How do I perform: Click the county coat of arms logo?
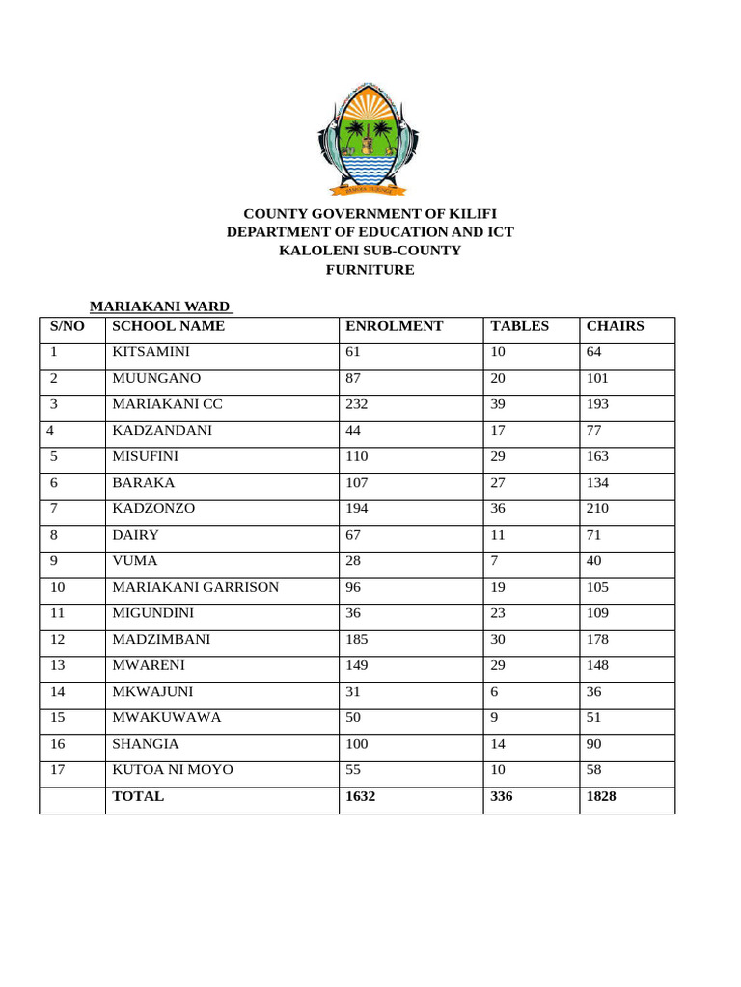tap(370, 139)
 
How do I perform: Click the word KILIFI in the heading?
tap(473, 213)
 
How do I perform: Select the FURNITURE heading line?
tap(370, 270)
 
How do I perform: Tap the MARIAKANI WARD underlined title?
tap(160, 307)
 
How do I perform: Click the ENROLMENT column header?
tap(394, 326)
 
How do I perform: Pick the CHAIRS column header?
tap(615, 326)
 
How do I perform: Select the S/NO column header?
tap(68, 326)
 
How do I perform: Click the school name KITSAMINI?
tap(151, 352)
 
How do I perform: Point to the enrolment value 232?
tap(357, 404)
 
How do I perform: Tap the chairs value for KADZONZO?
tap(599, 508)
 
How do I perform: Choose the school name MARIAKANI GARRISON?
tap(196, 587)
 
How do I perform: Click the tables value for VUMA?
tap(495, 560)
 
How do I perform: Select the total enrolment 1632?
tap(361, 796)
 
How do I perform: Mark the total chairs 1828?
tap(601, 796)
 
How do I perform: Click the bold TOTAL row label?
tap(138, 796)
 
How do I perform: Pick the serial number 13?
tap(58, 665)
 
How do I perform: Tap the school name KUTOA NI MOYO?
tap(173, 770)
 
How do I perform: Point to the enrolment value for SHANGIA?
tap(358, 744)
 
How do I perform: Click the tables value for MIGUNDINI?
tap(499, 612)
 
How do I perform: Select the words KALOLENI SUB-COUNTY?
tap(370, 251)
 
